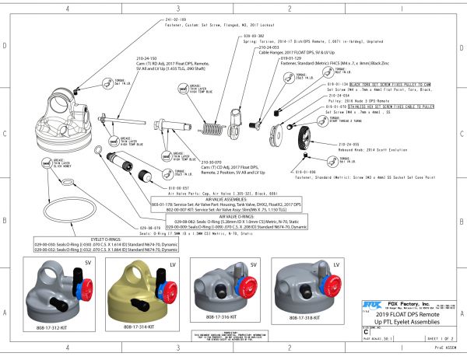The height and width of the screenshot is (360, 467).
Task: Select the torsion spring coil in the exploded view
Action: pos(212,119)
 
